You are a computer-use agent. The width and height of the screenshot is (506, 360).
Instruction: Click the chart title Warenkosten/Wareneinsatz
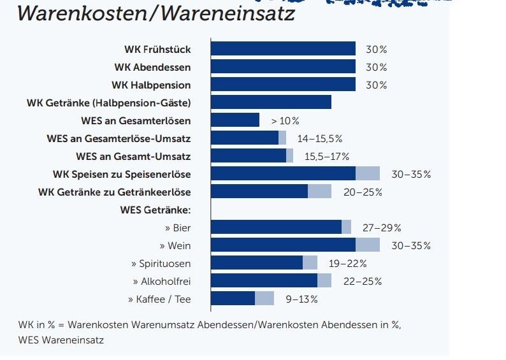[155, 13]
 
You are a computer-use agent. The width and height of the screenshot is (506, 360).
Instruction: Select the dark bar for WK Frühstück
[282, 49]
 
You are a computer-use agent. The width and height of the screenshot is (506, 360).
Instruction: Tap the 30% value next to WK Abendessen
[376, 67]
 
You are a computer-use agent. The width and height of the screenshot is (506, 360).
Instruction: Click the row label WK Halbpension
[151, 85]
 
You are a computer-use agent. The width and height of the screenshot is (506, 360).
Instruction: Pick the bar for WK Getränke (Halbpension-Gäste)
[270, 103]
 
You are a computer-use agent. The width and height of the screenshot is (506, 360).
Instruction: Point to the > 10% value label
[285, 120]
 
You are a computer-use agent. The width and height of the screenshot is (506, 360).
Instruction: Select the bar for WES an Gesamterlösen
[235, 120]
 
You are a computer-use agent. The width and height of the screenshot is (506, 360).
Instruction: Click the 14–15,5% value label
[319, 138]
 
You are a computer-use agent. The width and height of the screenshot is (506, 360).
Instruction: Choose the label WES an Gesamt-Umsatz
[133, 156]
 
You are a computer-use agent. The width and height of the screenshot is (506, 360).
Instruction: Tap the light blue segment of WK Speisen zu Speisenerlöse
[367, 174]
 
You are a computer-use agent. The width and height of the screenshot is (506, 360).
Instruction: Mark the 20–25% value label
[360, 192]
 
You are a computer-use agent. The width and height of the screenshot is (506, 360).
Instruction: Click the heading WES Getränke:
[155, 210]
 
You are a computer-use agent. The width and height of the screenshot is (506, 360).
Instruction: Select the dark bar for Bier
[276, 227]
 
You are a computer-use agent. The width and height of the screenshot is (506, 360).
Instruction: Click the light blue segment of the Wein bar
[367, 245]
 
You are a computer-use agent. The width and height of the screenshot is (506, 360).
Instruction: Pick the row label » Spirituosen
[161, 263]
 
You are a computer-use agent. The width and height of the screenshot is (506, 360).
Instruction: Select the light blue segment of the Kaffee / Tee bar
[264, 299]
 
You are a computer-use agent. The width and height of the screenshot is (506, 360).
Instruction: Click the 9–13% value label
[301, 299]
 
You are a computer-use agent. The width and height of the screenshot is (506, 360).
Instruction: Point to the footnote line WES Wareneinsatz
[61, 340]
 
